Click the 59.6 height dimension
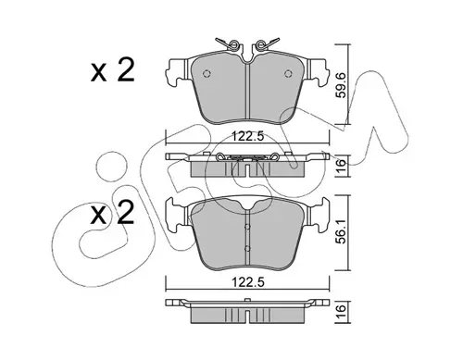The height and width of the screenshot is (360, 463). [342, 85]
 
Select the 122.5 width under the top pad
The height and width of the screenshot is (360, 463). [248, 136]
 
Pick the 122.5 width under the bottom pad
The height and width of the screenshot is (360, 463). [248, 282]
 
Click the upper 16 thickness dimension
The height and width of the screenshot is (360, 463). [342, 167]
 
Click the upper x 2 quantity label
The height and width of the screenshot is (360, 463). [113, 71]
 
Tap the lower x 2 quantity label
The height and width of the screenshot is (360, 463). [113, 213]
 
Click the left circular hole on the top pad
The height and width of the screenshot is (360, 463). [206, 73]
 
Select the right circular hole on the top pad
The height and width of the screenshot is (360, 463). [288, 73]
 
